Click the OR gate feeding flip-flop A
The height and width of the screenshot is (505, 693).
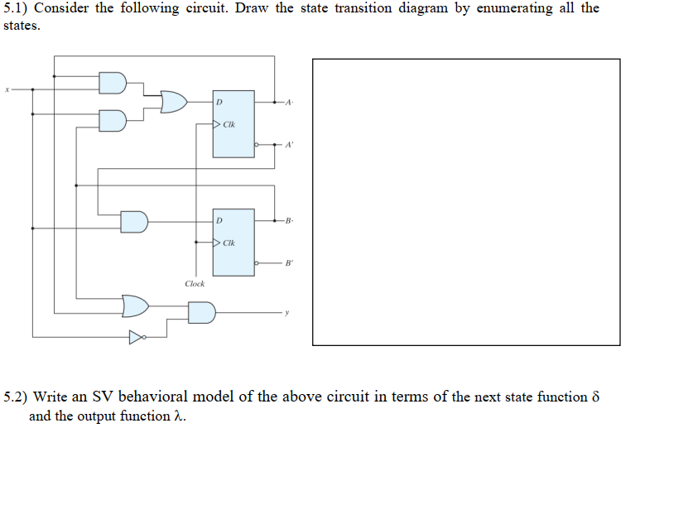point(173,102)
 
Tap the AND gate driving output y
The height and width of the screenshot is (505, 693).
point(201,312)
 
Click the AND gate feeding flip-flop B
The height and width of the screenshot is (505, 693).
point(134,222)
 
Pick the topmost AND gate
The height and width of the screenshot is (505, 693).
point(113,82)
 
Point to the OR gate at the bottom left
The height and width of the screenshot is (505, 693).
point(136,305)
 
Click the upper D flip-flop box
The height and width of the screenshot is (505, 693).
point(233,123)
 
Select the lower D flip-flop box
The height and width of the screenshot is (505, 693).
point(233,243)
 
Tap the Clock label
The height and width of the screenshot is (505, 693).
point(195,284)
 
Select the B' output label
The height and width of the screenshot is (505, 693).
point(289,263)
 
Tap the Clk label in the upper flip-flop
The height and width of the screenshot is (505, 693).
point(229,125)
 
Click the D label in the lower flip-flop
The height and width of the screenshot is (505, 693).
point(219,221)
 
